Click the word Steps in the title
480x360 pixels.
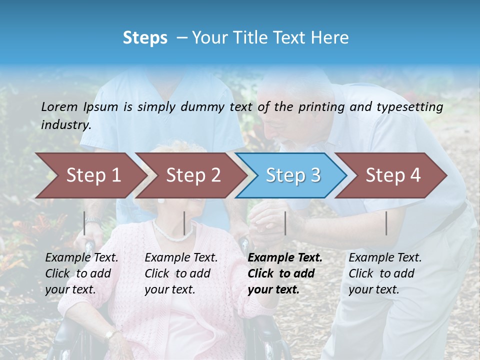point(145,38)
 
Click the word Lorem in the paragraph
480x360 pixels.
point(59,106)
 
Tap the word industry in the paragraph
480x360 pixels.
point(65,124)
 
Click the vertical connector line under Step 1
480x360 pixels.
point(84,223)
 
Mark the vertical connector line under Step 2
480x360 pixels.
point(184,223)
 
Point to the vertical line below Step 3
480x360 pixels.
point(285,223)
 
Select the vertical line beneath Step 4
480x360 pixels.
point(386,223)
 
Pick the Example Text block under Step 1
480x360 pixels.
point(81,273)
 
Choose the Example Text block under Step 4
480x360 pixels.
point(385,273)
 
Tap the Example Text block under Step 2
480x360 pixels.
point(181,273)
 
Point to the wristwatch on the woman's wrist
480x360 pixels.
point(109,334)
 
